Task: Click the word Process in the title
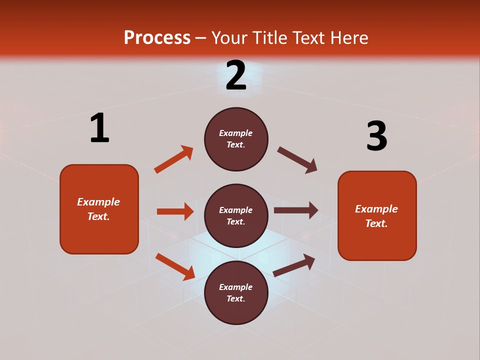pos(157,37)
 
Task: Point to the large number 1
pos(99,128)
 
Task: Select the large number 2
pos(236,75)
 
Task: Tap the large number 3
pos(376,136)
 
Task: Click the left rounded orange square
pos(99,209)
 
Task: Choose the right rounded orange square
pos(377,216)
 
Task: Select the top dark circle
pos(236,139)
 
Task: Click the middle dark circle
pos(236,216)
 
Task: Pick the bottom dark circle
pos(236,293)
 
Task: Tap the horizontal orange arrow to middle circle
pos(175,211)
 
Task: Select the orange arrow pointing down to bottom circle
pos(175,266)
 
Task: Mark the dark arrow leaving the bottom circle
pos(294,265)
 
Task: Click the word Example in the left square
pos(98,202)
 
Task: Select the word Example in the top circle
pos(235,133)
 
